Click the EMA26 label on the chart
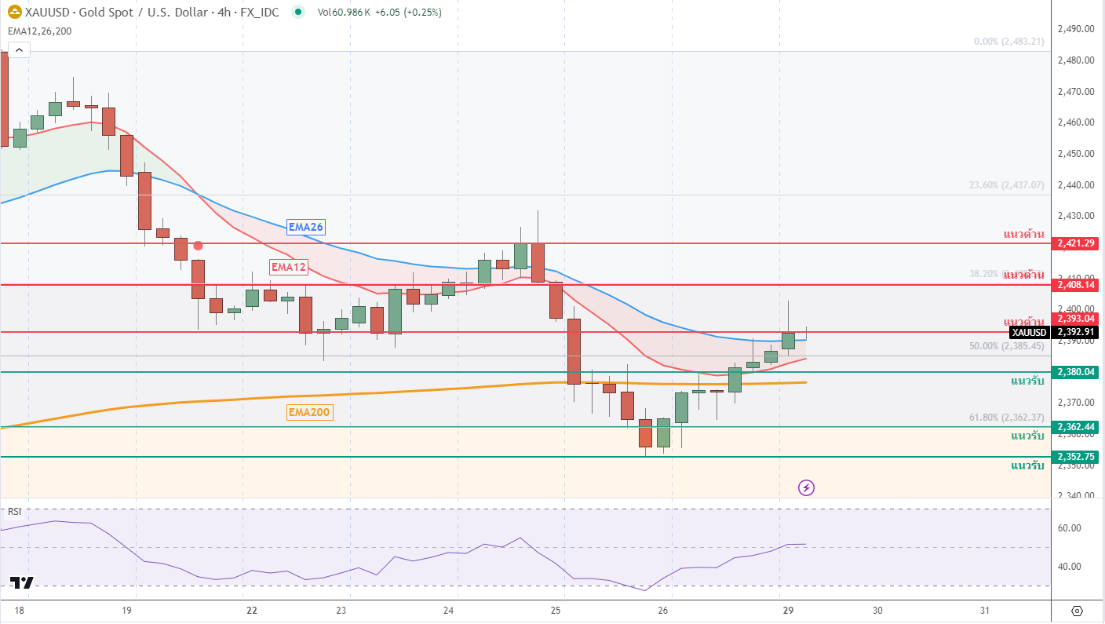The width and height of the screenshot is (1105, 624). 306,227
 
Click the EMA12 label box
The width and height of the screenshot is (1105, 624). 288,267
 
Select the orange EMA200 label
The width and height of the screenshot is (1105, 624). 310,412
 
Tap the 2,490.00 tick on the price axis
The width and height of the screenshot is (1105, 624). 1075,29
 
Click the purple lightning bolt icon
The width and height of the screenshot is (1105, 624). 806,488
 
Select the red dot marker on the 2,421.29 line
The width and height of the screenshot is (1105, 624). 199,246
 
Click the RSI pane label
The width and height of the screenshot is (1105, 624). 14,512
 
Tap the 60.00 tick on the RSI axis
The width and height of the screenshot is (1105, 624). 1070,528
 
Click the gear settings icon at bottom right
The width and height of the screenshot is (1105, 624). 1077,611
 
